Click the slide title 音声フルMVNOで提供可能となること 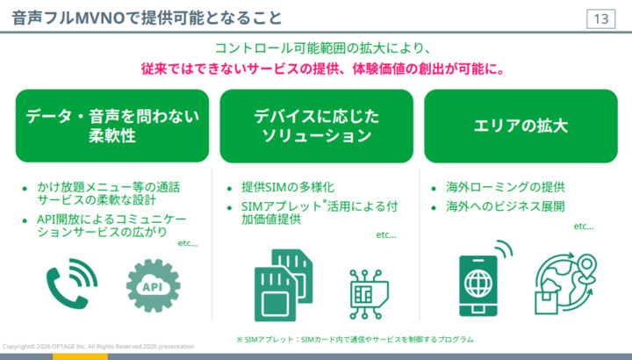coord(147,18)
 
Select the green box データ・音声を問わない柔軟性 coord(112,126)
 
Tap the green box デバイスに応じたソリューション coord(316,126)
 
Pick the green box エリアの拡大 coord(521,126)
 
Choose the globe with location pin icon coord(567,282)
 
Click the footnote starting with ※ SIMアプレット coord(354,339)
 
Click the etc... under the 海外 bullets coord(584,226)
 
